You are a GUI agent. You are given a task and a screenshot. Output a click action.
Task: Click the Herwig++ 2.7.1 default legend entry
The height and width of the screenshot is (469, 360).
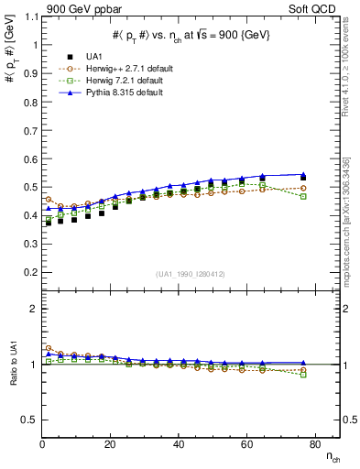[110, 67]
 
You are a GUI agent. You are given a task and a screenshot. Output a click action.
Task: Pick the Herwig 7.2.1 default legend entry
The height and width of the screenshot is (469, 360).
[108, 79]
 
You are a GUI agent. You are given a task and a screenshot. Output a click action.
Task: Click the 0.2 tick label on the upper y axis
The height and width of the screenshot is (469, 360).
[29, 272]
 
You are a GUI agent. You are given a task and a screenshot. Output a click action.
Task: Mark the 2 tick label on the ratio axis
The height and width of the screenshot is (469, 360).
[33, 309]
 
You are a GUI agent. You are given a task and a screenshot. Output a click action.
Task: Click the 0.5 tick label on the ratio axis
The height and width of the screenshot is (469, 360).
[29, 420]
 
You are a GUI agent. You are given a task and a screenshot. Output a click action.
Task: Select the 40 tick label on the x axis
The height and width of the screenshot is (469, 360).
[179, 444]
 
